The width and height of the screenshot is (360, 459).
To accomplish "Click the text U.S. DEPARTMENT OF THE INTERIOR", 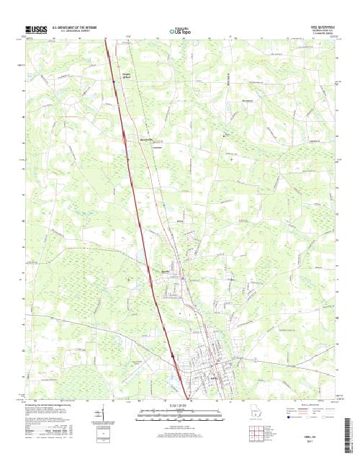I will (76, 27).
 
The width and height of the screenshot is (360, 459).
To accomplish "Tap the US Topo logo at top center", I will (180, 31).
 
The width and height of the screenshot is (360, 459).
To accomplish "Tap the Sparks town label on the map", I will (166, 271).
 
